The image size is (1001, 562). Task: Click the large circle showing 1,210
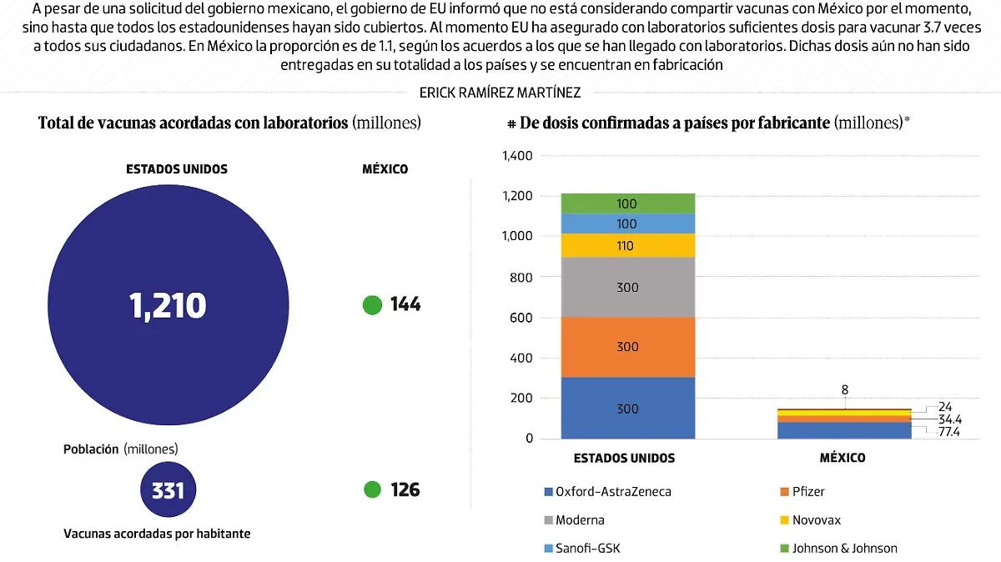tap(168, 306)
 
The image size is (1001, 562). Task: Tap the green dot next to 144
tap(372, 305)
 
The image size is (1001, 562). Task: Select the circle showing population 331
tap(168, 490)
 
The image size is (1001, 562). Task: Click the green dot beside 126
tap(372, 489)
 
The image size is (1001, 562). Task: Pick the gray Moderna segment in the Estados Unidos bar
tap(627, 288)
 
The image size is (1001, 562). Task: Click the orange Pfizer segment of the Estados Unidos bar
tap(627, 347)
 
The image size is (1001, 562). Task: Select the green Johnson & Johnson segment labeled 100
tap(627, 203)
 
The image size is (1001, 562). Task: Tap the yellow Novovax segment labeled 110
tap(627, 246)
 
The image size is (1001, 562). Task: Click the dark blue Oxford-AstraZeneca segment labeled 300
tap(627, 409)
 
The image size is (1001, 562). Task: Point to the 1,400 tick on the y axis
tap(516, 156)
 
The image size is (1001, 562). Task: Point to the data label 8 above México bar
tap(845, 389)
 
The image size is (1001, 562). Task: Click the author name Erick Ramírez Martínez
tap(500, 93)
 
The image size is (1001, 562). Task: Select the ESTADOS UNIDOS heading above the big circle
tap(176, 168)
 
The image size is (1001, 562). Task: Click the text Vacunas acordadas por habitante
tap(157, 534)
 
